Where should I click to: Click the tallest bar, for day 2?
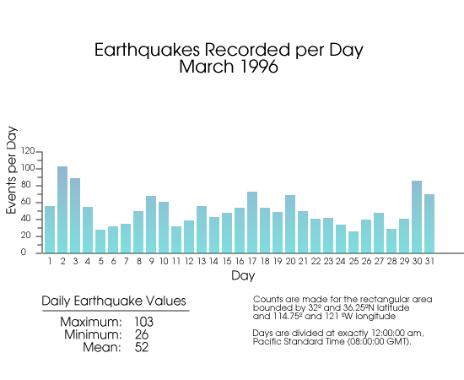tap(62, 209)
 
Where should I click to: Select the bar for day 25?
tap(353, 242)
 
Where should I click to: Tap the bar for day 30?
tap(417, 217)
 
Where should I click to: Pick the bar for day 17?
tap(252, 222)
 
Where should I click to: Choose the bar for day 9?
tap(151, 225)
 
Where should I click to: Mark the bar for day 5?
tap(100, 242)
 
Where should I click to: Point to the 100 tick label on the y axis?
tap(28, 168)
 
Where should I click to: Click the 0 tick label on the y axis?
tap(24, 252)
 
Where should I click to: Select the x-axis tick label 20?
tap(290, 261)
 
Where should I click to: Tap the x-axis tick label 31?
tap(429, 261)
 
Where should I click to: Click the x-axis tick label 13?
tap(202, 261)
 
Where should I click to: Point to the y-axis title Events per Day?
tap(12, 170)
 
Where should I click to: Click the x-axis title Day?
tap(243, 276)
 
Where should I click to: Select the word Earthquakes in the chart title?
tap(147, 50)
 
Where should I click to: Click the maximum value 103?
tap(143, 322)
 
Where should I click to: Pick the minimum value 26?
tap(142, 334)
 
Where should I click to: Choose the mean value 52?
tap(142, 347)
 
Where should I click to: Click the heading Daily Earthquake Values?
tap(114, 301)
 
